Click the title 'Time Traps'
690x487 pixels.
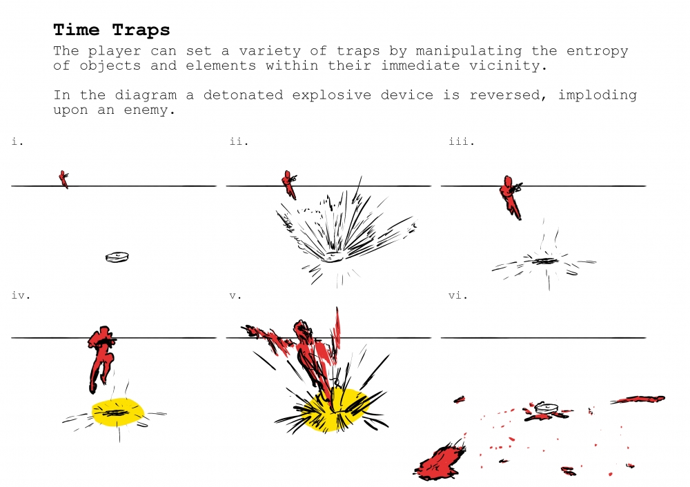pos(111,30)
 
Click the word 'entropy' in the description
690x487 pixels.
pos(597,52)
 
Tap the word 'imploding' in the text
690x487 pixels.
pos(597,95)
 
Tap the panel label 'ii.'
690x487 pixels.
pos(239,141)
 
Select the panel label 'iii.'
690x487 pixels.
pos(462,141)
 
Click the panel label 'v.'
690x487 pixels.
pos(235,295)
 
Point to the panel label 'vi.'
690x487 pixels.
pos(458,295)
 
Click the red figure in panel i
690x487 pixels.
pos(64,179)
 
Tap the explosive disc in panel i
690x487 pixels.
pos(117,257)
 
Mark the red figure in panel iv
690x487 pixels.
pos(101,357)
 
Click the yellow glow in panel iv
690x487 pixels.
pos(118,413)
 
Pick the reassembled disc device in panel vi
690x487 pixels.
pos(546,408)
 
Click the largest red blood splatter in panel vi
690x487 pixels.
pos(440,462)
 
